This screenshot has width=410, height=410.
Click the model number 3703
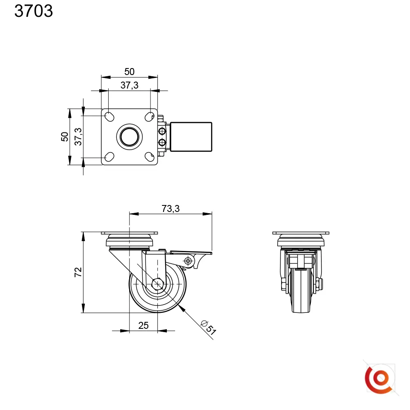[34, 11]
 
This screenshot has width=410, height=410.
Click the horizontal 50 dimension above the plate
[130, 72]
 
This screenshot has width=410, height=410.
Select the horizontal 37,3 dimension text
[130, 85]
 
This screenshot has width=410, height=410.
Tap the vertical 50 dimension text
[65, 137]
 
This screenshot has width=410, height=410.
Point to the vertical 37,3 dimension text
[78, 137]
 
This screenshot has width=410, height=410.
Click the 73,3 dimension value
[171, 209]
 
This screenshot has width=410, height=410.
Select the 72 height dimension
[78, 272]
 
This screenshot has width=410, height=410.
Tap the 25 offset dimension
[143, 326]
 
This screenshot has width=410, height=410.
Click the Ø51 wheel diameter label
[208, 327]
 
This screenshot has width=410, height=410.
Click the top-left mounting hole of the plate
[109, 116]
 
